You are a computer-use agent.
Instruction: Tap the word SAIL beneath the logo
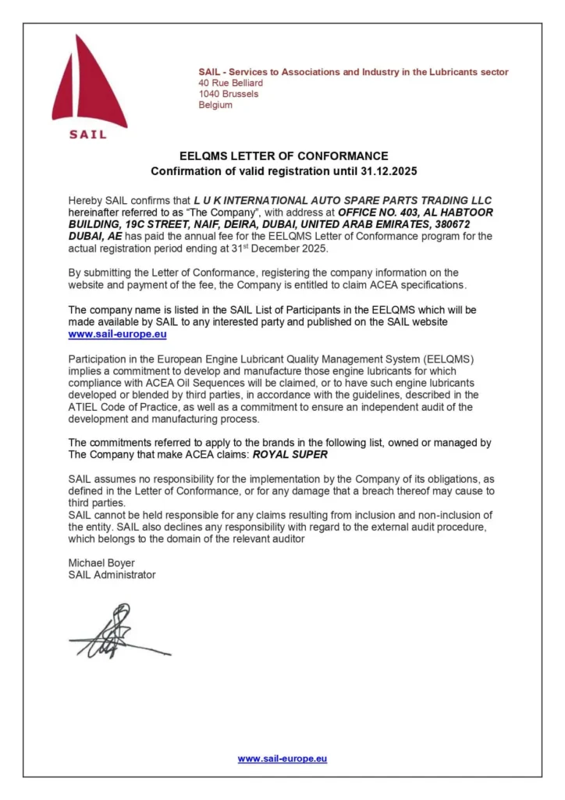click(x=88, y=134)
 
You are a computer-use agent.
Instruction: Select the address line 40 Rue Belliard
click(x=230, y=83)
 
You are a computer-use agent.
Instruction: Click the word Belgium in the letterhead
click(x=215, y=105)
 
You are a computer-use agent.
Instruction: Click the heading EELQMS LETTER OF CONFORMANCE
click(x=283, y=156)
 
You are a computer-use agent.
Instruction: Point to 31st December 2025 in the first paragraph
click(x=280, y=248)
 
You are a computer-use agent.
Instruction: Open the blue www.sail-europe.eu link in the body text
click(x=117, y=334)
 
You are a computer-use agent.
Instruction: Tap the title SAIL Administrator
click(x=112, y=575)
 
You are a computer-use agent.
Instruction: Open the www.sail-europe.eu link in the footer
click(x=282, y=759)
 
